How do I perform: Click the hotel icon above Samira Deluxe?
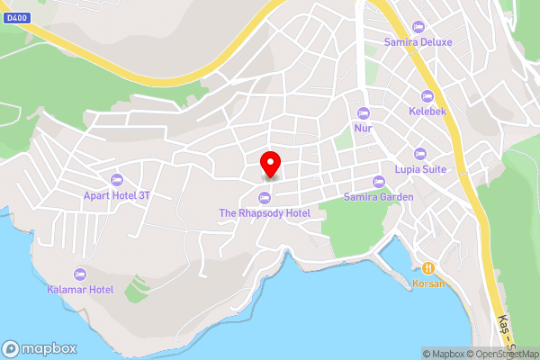pyautogui.click(x=418, y=26)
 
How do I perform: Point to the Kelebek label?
pyautogui.click(x=427, y=112)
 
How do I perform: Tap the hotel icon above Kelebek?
pyautogui.click(x=427, y=95)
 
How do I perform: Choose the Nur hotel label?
pyautogui.click(x=364, y=129)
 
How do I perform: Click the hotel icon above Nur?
pyautogui.click(x=364, y=112)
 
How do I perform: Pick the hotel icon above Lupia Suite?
pyautogui.click(x=419, y=152)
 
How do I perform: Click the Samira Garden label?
pyautogui.click(x=379, y=197)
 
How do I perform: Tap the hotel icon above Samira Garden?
pyautogui.click(x=379, y=181)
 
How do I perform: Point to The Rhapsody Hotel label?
pyautogui.click(x=265, y=213)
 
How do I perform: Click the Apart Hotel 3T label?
pyautogui.click(x=117, y=193)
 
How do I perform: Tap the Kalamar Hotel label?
pyautogui.click(x=80, y=290)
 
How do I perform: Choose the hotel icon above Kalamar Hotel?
pyautogui.click(x=80, y=274)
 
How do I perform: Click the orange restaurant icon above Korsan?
pyautogui.click(x=428, y=267)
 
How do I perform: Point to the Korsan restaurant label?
pyautogui.click(x=428, y=283)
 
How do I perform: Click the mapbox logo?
pyautogui.click(x=40, y=348)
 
